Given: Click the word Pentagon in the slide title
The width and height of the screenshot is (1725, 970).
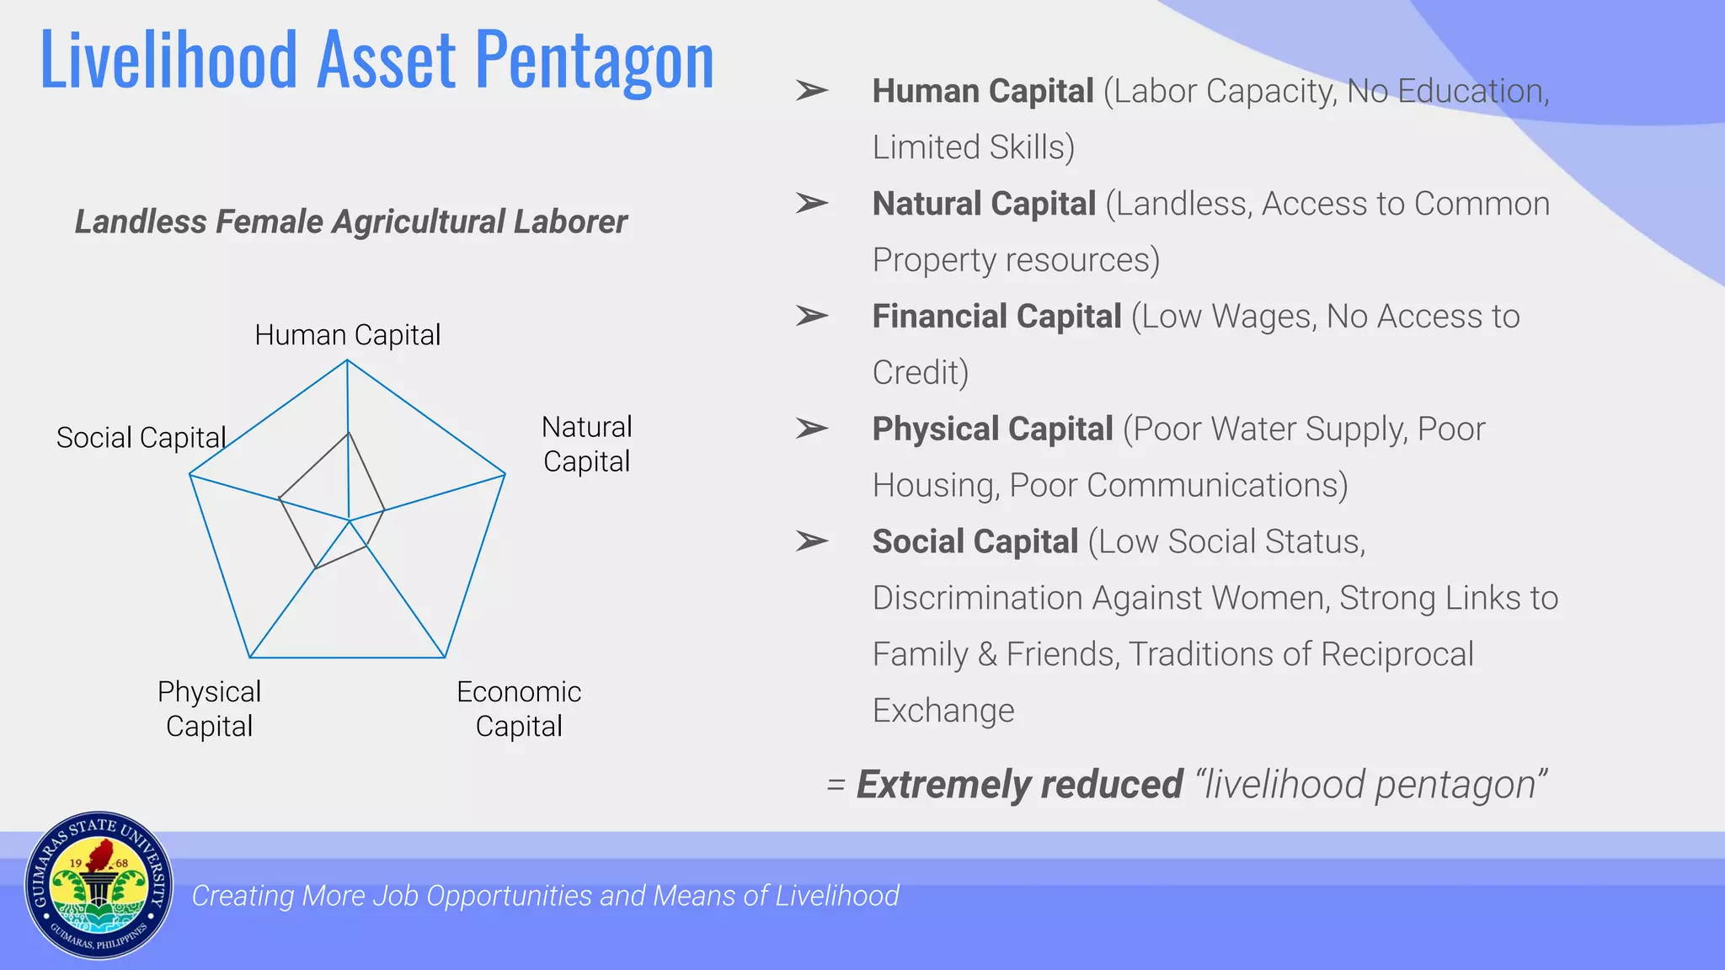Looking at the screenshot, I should pos(595,61).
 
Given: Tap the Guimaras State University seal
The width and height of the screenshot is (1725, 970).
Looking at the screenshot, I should pos(99,886).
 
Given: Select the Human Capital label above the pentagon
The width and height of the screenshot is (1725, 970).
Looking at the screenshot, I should pos(347,335).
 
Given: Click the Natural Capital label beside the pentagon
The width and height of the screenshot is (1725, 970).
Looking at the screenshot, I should pos(586,444).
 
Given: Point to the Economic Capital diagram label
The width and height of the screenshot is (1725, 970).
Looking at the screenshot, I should pos(519,709).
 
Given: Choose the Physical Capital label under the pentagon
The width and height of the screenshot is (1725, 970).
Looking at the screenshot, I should pos(209,709).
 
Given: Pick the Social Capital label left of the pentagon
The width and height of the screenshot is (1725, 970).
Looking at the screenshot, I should pos(141,438).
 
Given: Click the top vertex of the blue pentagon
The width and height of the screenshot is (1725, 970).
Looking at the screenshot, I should pos(347,360).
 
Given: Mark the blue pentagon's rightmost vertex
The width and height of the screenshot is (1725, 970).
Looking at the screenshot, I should pos(505,475).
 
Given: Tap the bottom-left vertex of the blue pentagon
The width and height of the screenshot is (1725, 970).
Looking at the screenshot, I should pos(250,657).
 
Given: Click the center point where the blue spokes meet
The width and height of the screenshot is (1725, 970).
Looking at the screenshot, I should pos(349,520).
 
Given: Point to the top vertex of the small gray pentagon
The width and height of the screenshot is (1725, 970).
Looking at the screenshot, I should pos(348,433).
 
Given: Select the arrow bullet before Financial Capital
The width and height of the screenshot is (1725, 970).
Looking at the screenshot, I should pos(812,316).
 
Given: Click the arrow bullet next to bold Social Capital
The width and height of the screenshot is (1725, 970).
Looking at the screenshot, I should pos(812,541).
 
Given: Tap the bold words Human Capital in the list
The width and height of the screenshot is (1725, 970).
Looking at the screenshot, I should pos(983,91).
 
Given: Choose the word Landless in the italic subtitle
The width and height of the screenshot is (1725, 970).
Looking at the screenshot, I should pos(141,221).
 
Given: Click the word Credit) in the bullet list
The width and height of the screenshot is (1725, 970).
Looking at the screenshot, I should pos(921,372).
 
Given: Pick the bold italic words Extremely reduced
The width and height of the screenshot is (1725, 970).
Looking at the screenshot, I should pos(1020,785).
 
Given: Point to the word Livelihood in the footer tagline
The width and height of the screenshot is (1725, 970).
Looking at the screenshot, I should pos(837,895).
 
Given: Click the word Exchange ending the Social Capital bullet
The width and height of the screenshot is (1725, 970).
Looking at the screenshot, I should pos(943,711).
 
